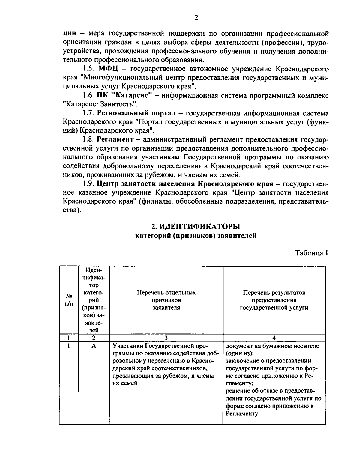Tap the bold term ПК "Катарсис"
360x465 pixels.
(x=123, y=96)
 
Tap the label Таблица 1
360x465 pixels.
(x=311, y=253)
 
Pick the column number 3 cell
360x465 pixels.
(x=166, y=338)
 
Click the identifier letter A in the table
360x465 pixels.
(x=94, y=346)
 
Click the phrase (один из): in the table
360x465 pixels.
(x=239, y=353)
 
